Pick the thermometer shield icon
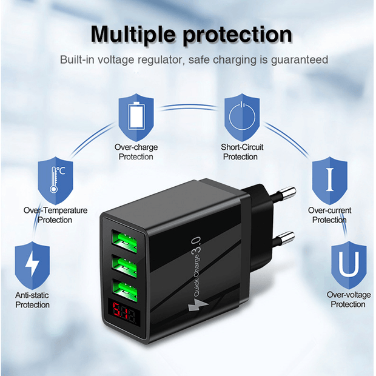pyautogui.click(x=55, y=178)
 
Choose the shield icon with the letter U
pyautogui.click(x=348, y=264)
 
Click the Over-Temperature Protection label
pyautogui.click(x=55, y=215)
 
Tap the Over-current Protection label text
pyautogui.click(x=329, y=215)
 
